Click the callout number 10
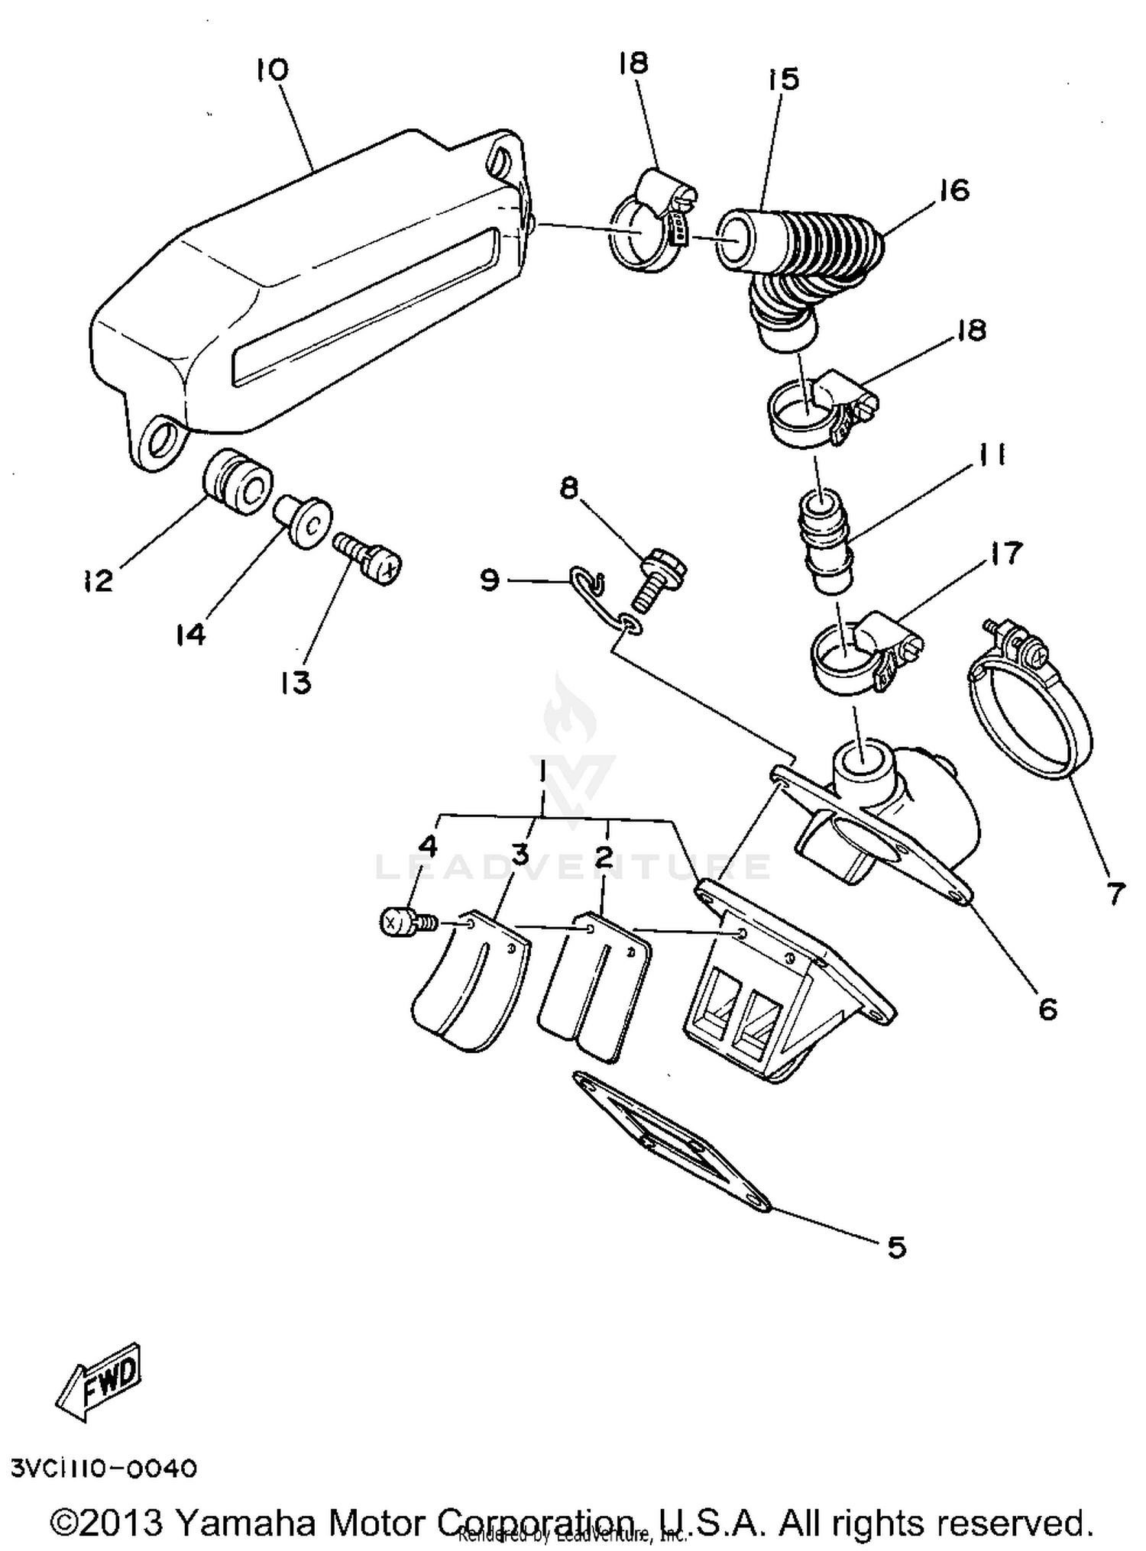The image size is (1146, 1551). [272, 71]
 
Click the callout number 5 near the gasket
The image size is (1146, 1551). [896, 1248]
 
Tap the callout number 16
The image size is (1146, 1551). [953, 190]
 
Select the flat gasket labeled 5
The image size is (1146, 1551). [672, 1142]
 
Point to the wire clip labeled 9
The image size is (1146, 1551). [588, 583]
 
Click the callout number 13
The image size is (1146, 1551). [296, 682]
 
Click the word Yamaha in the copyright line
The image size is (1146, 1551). [244, 1523]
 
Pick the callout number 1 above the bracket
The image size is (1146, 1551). [543, 773]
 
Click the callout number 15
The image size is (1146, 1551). [785, 79]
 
